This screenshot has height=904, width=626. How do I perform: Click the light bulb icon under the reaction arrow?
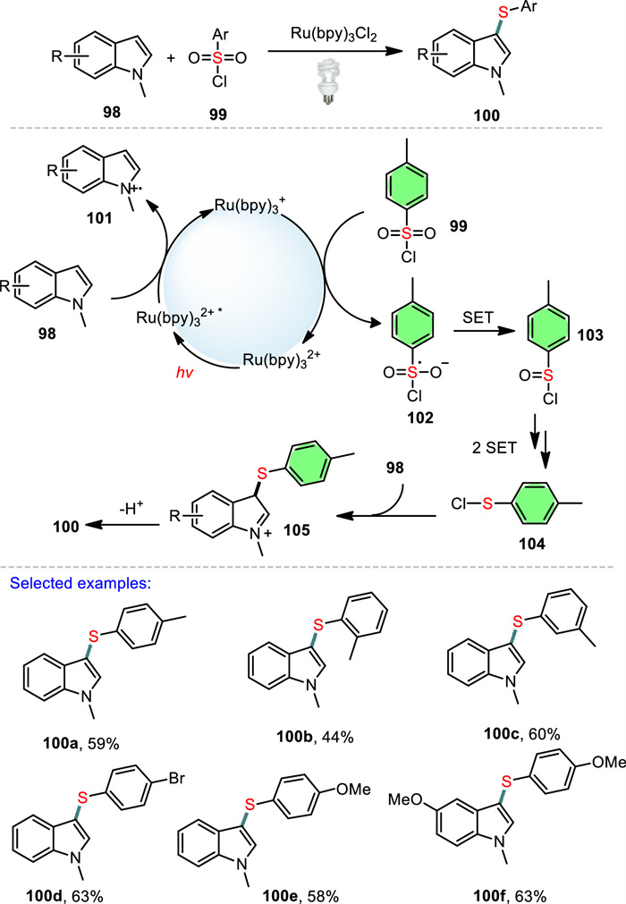pos(328,83)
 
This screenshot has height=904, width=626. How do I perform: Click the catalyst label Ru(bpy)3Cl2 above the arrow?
pos(334,35)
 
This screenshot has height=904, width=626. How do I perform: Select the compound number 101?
pos(99,218)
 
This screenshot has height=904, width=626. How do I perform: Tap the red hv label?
pos(184,373)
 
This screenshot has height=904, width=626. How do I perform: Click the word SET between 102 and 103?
pos(478,317)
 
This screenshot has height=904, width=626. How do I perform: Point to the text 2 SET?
pos(494,447)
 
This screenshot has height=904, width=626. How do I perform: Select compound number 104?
pos(532,543)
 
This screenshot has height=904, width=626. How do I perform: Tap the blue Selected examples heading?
pos(80,583)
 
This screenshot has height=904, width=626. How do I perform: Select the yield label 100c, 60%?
pos(521,733)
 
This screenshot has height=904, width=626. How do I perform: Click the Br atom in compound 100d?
pos(176,778)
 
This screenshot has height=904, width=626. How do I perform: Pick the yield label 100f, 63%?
pos(510,895)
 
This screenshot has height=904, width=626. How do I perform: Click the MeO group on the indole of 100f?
pos(405,799)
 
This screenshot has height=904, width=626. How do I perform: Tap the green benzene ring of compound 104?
pos(534,504)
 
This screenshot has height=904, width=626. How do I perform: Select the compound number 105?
pos(297,530)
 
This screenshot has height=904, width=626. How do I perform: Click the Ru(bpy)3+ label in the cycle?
pos(247,206)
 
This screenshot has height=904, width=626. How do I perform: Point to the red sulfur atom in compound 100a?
pos(94,636)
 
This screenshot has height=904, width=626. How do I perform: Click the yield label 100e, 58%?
pos(300,895)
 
